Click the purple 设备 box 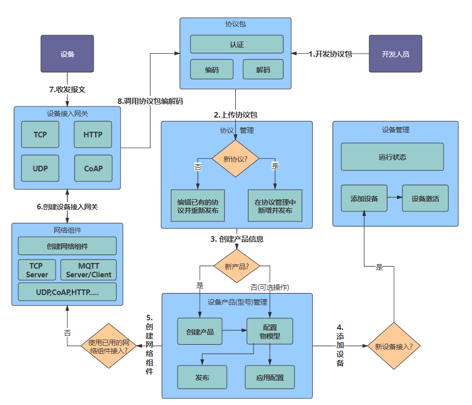coord(67,54)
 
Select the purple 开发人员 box coord(395,54)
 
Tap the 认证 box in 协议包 coord(237,45)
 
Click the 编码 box coord(211,69)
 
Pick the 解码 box coord(263,69)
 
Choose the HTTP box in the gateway coord(93,135)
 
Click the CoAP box coord(93,168)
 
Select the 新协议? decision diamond coord(235,159)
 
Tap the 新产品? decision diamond coord(235,266)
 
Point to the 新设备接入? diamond coord(393,347)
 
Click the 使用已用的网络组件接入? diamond coord(108,346)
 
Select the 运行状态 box coord(392,157)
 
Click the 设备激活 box coord(425,198)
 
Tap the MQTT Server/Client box coord(88,270)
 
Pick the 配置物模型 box coord(270,332)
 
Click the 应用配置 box coord(270,378)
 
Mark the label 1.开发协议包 coord(330,54)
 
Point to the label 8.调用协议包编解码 coord(150,101)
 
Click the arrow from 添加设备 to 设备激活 coord(394,198)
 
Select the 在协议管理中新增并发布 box coord(275,206)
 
